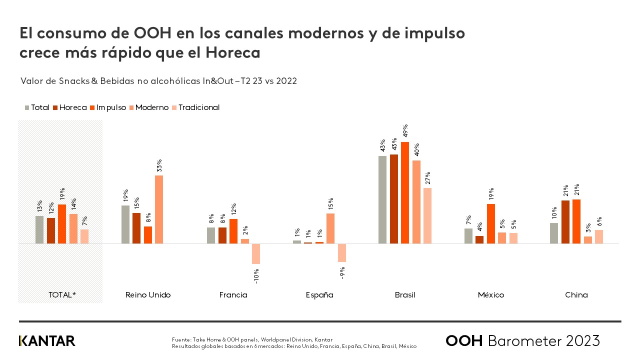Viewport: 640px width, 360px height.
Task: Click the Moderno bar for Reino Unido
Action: [x=159, y=209]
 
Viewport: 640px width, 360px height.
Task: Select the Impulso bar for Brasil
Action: [x=405, y=192]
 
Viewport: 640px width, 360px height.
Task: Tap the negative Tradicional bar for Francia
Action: [x=256, y=253]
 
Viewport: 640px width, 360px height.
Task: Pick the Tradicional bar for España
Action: [x=342, y=252]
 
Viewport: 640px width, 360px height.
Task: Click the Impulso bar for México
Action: [x=491, y=223]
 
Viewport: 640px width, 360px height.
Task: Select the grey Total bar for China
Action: [x=554, y=233]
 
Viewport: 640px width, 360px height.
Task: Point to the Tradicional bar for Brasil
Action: [x=427, y=215]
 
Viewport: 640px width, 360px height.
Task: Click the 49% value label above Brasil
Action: [x=405, y=130]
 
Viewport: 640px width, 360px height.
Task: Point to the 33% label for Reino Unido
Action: [x=159, y=165]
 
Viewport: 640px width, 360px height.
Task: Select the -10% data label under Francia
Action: [x=256, y=276]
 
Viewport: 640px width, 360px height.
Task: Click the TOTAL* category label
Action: [x=62, y=295]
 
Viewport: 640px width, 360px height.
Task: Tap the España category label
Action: [x=319, y=295]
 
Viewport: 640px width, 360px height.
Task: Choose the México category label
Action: [x=491, y=295]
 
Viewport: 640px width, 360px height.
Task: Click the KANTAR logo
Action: [x=47, y=341]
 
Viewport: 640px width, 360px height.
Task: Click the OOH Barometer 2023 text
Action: [x=522, y=341]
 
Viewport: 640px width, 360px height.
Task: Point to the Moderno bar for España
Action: [x=330, y=228]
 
